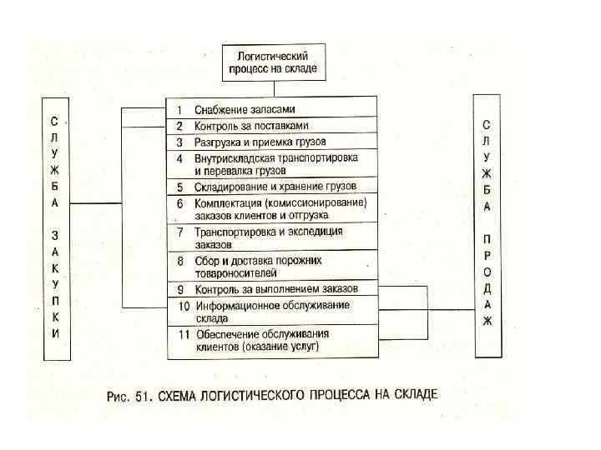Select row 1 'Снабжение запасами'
[245, 110]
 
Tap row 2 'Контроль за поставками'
[251, 126]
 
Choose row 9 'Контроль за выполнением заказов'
[276, 289]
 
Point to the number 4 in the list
[179, 157]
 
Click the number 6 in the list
[179, 202]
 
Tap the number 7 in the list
[179, 231]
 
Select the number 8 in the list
[179, 260]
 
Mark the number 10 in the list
[181, 305]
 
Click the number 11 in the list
[181, 334]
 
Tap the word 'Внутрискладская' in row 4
[235, 157]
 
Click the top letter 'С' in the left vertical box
[55, 119]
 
